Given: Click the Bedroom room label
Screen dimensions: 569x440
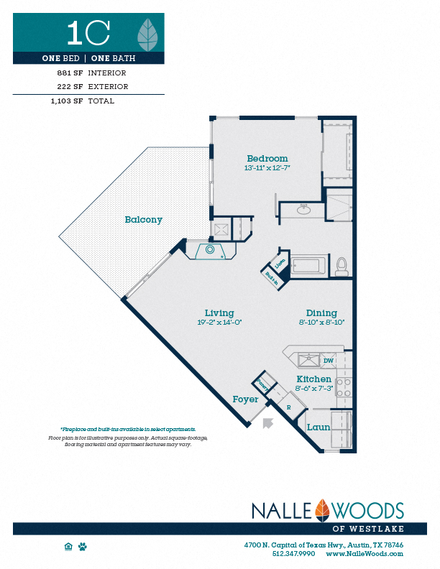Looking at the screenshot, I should click(267, 159).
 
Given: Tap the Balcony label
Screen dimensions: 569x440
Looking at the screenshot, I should click(143, 220).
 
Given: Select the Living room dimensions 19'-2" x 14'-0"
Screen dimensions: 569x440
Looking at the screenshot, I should click(219, 323).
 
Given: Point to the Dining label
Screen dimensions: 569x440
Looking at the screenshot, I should click(321, 313).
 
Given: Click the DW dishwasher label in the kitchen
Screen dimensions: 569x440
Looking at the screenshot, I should click(328, 361).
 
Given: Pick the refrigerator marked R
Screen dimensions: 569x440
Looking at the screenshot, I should click(288, 407).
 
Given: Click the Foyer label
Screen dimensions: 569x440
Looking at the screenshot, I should click(245, 399).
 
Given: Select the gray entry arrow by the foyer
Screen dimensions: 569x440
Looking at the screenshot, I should click(268, 422).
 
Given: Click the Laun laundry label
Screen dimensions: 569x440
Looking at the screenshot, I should click(318, 427).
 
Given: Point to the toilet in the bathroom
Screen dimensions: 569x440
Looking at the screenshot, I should click(342, 267).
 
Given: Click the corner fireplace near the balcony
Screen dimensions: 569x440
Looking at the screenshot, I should click(210, 251).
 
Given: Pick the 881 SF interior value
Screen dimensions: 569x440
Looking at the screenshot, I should click(69, 73).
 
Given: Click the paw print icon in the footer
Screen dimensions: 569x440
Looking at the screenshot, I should click(83, 547).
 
